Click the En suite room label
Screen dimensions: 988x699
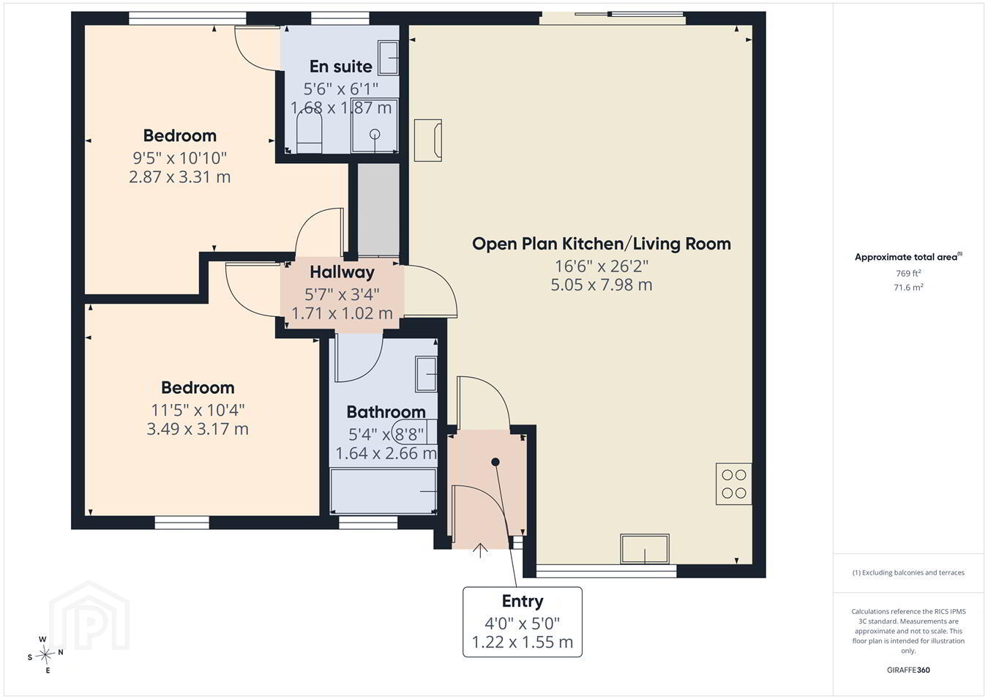point(340,67)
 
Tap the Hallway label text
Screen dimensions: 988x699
point(342,272)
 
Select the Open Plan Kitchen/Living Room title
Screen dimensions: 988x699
point(601,244)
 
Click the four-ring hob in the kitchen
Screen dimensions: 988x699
point(733,484)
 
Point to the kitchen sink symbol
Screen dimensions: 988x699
point(645,549)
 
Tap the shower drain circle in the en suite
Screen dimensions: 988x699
point(375,134)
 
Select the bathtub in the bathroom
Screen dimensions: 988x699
point(383,491)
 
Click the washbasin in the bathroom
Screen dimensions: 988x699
point(426,374)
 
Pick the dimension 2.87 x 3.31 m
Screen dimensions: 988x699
point(179,177)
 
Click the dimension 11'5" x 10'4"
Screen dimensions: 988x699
point(198,410)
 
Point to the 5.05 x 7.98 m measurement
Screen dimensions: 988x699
point(601,285)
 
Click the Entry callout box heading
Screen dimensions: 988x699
point(523,601)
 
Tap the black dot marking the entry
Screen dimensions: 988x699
point(495,462)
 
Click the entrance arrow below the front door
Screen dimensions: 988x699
point(480,551)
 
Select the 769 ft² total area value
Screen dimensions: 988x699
point(908,274)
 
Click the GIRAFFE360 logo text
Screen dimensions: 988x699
point(908,670)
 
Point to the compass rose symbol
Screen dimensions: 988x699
point(45,655)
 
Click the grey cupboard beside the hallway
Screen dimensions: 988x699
point(378,209)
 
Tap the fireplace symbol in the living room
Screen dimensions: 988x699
point(428,141)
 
